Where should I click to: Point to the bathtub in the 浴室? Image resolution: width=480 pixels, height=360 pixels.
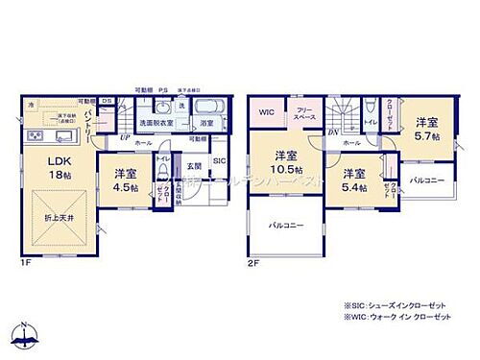coord(210,106)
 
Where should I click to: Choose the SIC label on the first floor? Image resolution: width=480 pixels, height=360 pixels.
coord(218,160)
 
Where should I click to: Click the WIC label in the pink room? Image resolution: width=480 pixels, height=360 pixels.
coord(268,113)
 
